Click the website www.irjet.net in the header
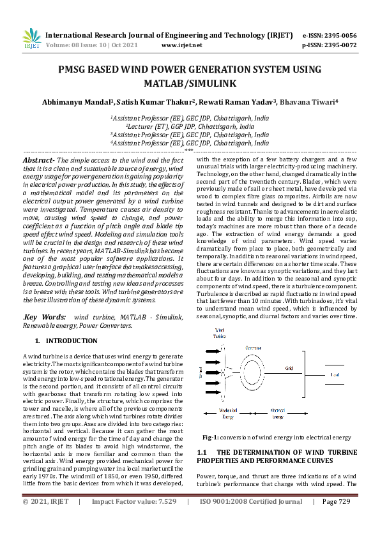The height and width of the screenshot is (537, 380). click(x=181, y=45)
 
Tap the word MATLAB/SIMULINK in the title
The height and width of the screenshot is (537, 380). click(x=190, y=83)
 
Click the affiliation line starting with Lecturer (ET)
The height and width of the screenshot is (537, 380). click(x=190, y=126)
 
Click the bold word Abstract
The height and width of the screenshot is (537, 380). click(x=38, y=159)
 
